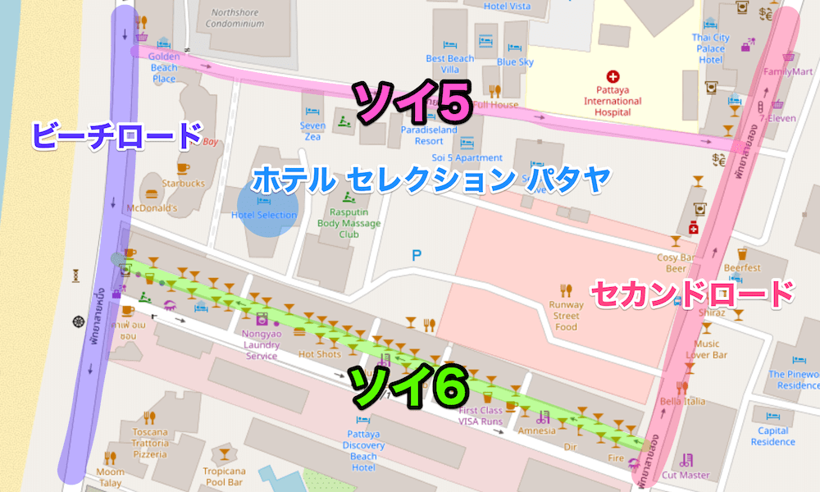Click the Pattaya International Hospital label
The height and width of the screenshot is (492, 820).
pyautogui.click(x=612, y=102)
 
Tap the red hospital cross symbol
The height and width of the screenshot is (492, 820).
pyautogui.click(x=613, y=75)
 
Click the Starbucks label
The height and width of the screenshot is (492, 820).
pyautogui.click(x=183, y=184)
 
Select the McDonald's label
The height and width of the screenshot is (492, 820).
pyautogui.click(x=150, y=208)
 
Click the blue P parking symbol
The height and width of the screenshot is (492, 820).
pyautogui.click(x=417, y=257)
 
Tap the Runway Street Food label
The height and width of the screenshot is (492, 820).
pyautogui.click(x=566, y=316)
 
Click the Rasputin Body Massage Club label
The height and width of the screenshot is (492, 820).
pyautogui.click(x=349, y=223)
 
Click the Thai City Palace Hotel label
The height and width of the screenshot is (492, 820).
pyautogui.click(x=710, y=48)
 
